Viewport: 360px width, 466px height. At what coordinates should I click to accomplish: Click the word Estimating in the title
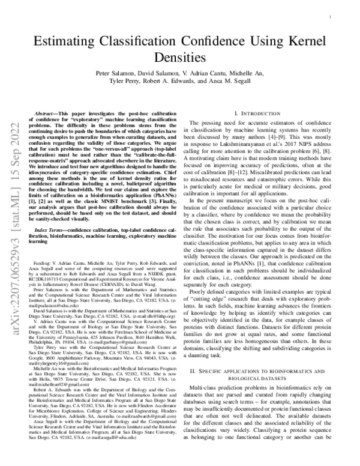pos(65,42)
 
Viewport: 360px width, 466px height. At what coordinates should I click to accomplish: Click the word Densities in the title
pos(180,58)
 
